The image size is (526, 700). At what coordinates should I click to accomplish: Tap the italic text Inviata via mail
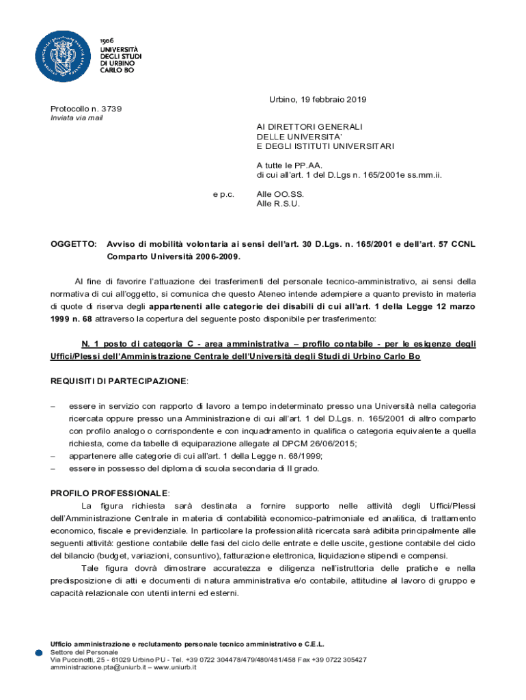(x=77, y=118)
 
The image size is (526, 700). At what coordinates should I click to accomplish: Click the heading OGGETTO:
(x=74, y=244)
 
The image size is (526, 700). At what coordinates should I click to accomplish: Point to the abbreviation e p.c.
(x=223, y=194)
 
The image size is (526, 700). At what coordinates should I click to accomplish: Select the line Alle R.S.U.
(x=278, y=204)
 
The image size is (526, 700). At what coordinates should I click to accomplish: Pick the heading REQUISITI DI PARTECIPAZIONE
(x=119, y=379)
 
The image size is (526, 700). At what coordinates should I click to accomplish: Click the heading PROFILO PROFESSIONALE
(x=110, y=493)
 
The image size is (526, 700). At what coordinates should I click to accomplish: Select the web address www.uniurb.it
(x=175, y=667)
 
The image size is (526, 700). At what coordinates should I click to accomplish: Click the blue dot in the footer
(x=39, y=654)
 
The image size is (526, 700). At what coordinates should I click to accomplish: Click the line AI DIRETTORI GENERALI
(x=309, y=127)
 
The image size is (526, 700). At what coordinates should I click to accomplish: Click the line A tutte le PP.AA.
(x=289, y=165)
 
